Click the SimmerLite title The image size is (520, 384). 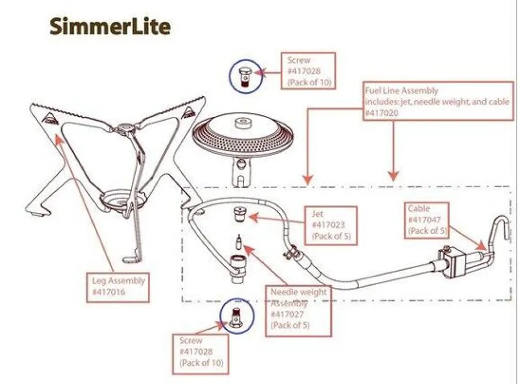tap(110, 27)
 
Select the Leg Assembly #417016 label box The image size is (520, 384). tap(118, 287)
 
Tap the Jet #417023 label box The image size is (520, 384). tap(331, 226)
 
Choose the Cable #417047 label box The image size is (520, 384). tap(427, 220)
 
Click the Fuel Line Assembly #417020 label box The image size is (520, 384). tap(439, 101)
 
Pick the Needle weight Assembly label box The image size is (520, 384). tap(299, 311)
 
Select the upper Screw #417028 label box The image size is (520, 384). tap(308, 71)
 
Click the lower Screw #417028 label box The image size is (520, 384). tap(200, 354)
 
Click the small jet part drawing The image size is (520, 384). tap(239, 214)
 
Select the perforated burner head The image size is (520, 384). tap(243, 134)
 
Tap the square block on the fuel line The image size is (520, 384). tap(454, 263)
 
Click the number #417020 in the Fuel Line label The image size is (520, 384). tap(382, 113)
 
